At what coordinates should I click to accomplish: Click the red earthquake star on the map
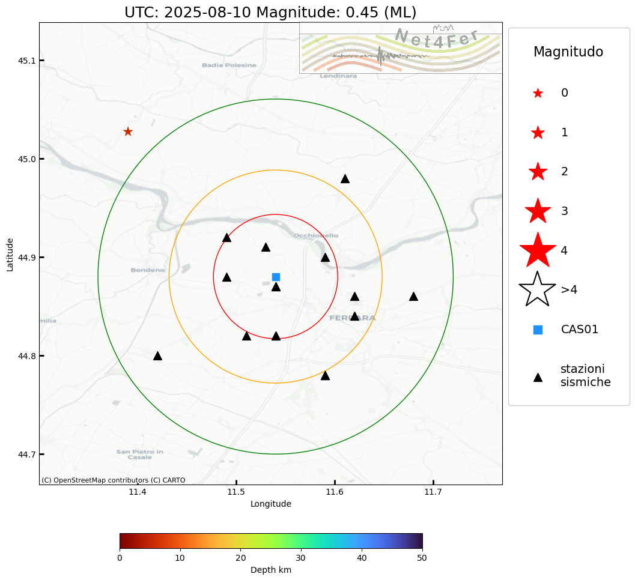(128, 131)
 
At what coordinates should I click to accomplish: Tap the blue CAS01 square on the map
(276, 277)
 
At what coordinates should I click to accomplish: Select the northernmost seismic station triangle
(345, 179)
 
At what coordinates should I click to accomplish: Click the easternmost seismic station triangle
(413, 297)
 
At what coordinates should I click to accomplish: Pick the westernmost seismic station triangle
(157, 356)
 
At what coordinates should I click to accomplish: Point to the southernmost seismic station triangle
(325, 376)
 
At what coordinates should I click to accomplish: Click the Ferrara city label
(353, 318)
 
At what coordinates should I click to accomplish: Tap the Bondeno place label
(147, 270)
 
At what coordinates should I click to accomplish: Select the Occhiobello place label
(316, 235)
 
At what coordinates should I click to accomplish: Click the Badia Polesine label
(229, 65)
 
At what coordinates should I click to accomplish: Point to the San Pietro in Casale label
(140, 454)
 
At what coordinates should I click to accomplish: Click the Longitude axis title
(271, 504)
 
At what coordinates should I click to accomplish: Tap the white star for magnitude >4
(538, 289)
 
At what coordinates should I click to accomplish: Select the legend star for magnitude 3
(538, 211)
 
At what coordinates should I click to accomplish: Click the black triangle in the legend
(538, 377)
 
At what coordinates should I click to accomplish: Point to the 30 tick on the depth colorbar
(301, 558)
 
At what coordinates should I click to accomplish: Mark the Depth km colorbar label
(271, 570)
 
